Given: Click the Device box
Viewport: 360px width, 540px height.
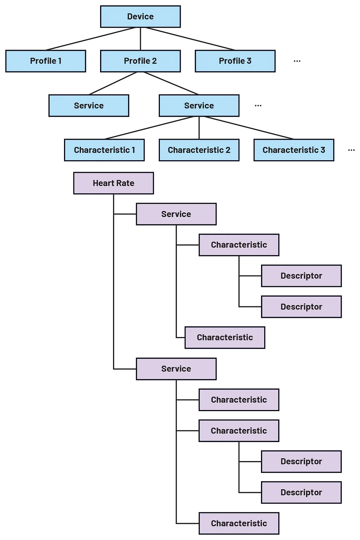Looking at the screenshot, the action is point(140,17).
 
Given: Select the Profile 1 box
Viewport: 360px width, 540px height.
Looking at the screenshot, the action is point(46,61).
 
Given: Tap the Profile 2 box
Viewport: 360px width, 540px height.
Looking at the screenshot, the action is point(140,61).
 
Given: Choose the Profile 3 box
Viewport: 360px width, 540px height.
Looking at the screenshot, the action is point(235,61).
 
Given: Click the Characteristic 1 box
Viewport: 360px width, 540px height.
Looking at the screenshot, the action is point(104,150).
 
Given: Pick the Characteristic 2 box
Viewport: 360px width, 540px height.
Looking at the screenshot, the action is point(199,150).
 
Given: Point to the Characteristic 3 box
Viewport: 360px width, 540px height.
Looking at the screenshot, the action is point(294,150).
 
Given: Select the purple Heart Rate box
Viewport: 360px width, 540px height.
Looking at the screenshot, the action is point(113,183).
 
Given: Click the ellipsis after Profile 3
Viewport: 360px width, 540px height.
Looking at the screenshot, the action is point(297,61).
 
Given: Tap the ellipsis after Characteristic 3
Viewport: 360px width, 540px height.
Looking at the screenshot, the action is point(352,150).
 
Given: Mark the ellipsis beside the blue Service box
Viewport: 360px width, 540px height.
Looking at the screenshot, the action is point(258,105).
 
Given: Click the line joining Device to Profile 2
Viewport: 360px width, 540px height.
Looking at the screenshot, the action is point(140,39).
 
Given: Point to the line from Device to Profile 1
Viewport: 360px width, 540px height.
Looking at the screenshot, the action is point(90,39).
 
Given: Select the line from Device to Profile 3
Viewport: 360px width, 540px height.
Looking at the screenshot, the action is point(190,39).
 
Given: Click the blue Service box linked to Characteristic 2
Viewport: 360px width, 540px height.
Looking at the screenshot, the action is point(199,105).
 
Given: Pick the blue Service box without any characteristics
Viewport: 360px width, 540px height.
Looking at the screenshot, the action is point(89,105).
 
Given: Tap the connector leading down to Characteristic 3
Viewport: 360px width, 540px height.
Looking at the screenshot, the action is point(249,128).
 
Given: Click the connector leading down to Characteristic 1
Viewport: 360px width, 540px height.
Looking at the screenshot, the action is point(149,128).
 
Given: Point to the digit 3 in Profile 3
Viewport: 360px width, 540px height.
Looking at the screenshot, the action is point(249,61).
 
